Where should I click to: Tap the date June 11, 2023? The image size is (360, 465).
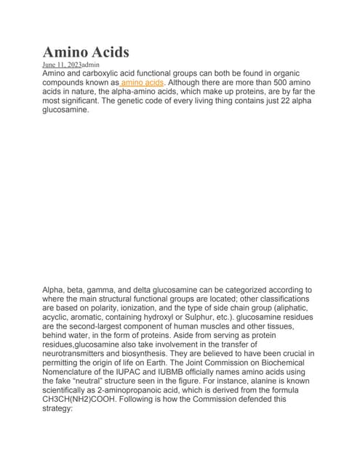62,65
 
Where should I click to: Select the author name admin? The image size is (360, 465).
90,65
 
